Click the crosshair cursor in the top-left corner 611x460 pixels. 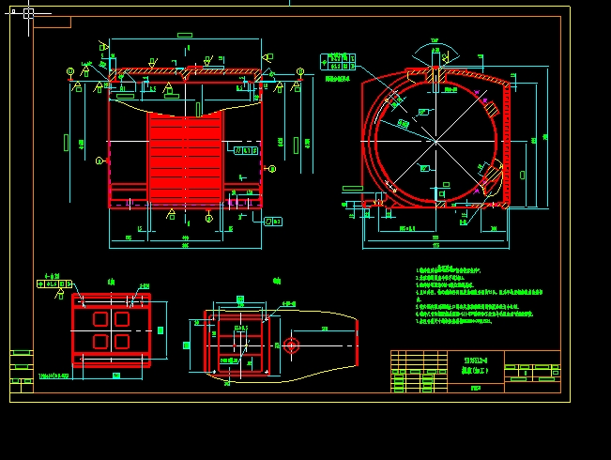[x=28, y=13]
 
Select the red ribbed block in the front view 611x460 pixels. [x=186, y=157]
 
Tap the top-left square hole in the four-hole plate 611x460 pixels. [x=100, y=319]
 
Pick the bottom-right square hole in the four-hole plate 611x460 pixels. [x=121, y=341]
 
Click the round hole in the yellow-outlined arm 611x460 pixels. [x=292, y=345]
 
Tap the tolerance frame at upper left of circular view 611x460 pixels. [x=338, y=62]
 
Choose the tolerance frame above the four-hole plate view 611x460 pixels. [x=54, y=283]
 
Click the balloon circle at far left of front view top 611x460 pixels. [x=69, y=71]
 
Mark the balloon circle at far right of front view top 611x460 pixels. [x=300, y=71]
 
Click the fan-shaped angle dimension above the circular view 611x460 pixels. [x=435, y=47]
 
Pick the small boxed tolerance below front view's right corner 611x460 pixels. [x=273, y=222]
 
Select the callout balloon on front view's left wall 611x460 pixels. [x=99, y=161]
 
